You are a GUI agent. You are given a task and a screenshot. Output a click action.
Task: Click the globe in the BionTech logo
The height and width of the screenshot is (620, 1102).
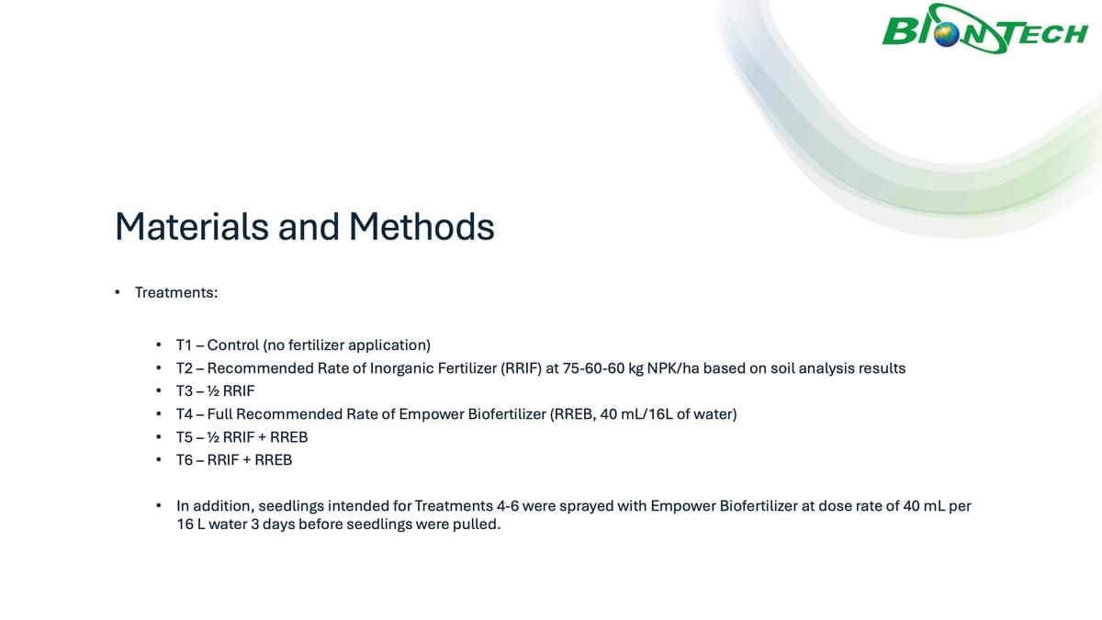[x=947, y=36]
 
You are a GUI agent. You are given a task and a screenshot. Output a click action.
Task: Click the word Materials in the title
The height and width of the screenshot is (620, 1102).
[x=192, y=227]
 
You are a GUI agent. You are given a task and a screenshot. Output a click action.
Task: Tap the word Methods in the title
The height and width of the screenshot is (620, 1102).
[x=422, y=227]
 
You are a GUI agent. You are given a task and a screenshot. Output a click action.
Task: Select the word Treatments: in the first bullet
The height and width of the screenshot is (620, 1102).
[x=176, y=293]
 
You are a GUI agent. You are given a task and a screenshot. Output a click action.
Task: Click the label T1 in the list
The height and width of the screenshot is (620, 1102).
[x=184, y=345]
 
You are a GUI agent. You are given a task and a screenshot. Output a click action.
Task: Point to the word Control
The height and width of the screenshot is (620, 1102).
[x=232, y=345]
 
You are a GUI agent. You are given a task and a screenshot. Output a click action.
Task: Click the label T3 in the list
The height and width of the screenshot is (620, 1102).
[x=185, y=391]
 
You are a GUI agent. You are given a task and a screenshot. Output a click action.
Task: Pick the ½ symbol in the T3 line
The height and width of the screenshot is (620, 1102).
[x=213, y=391]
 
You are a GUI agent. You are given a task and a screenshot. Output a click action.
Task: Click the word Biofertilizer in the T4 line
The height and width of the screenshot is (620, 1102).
[x=507, y=414]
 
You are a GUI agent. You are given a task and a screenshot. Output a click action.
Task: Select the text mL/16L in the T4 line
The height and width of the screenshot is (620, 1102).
[x=647, y=414]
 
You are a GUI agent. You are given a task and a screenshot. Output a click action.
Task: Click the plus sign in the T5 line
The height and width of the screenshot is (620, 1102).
[x=262, y=437]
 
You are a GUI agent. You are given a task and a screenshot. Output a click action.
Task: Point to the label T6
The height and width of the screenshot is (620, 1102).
[x=185, y=460]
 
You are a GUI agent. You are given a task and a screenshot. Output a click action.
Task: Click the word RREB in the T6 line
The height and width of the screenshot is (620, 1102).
[x=273, y=460]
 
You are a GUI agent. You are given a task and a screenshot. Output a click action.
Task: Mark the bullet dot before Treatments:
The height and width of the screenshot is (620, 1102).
[x=118, y=293]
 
